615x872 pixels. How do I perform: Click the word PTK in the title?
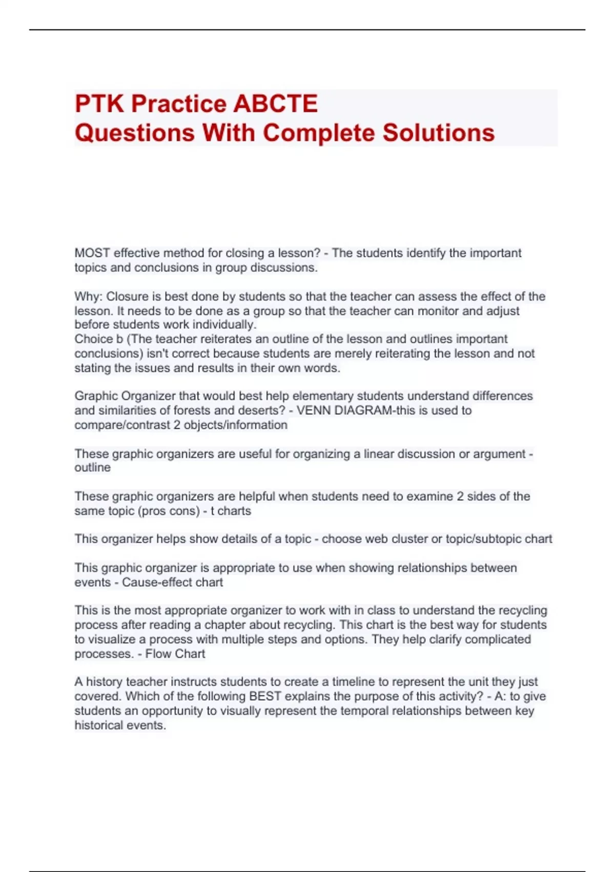point(99,104)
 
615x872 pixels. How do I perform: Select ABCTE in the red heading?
point(275,104)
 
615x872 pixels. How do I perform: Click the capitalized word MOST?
point(92,253)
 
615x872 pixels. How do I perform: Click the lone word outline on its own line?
point(92,468)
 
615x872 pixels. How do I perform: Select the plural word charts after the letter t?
point(234,511)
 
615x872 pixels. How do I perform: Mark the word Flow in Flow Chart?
point(158,654)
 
